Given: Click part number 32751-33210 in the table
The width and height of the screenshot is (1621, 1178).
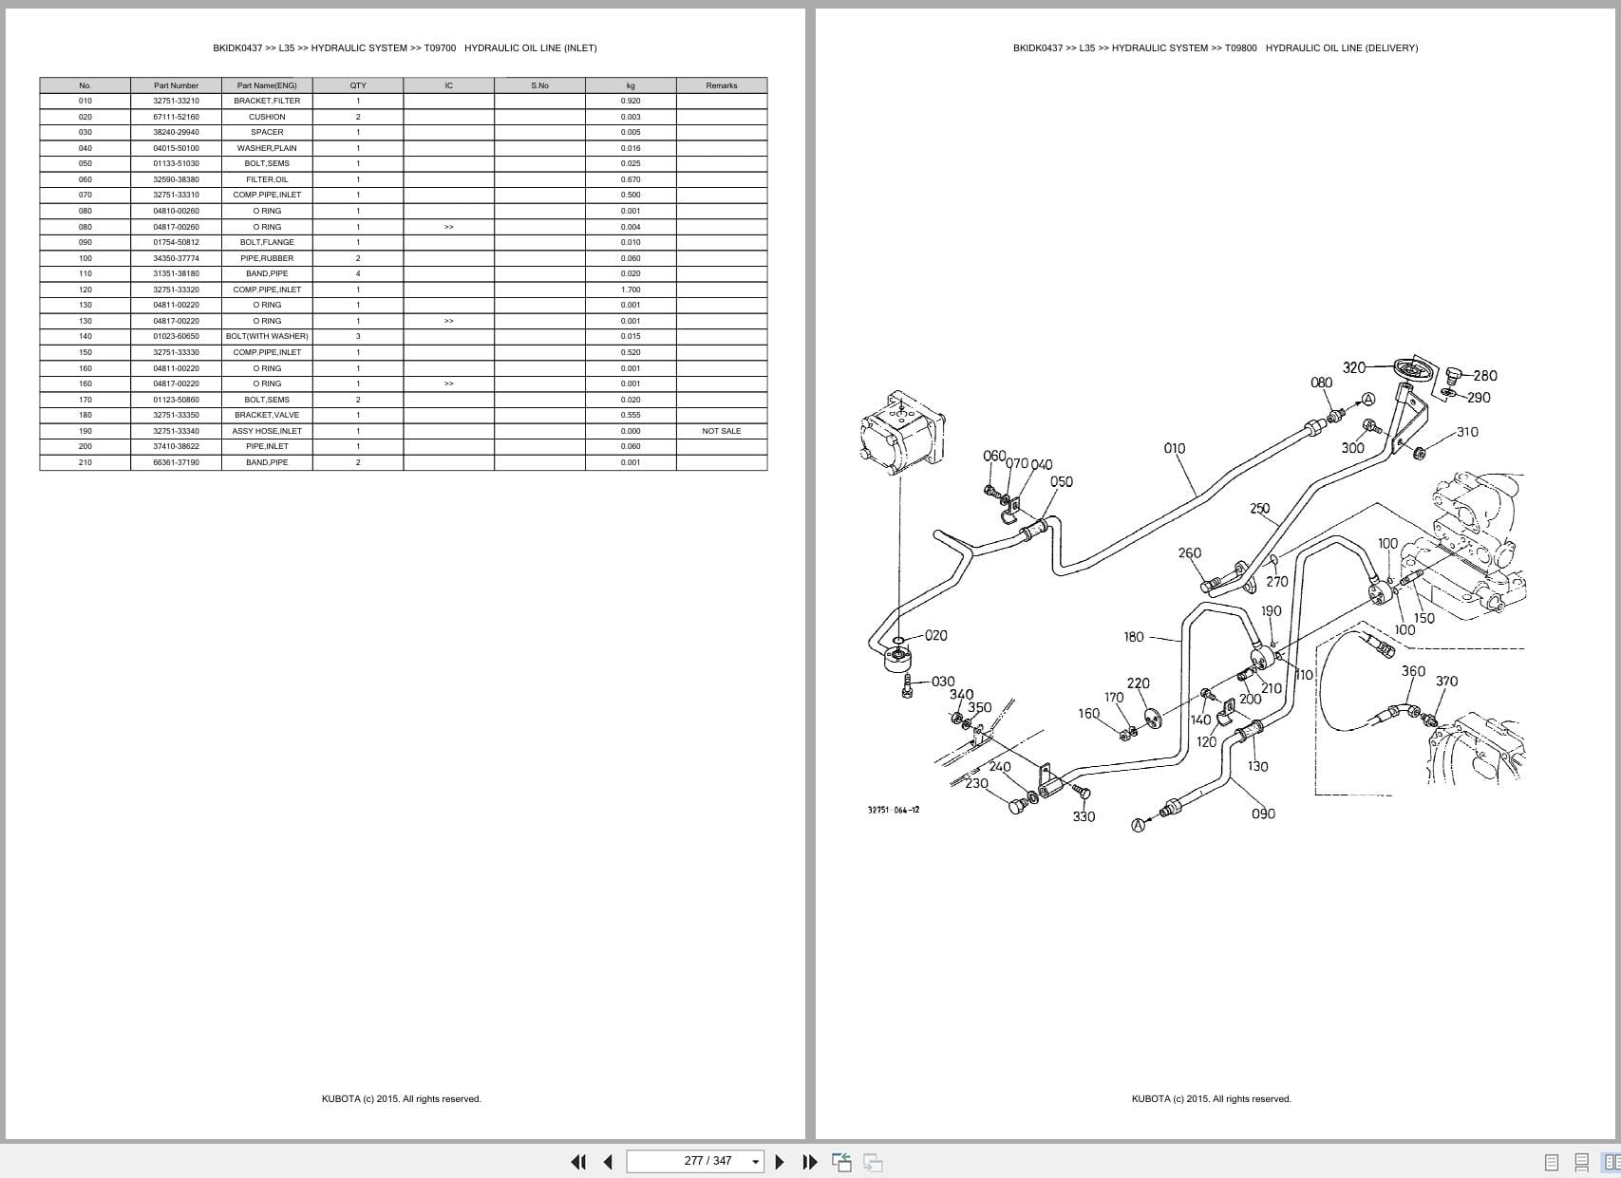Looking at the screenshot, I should coord(176,101).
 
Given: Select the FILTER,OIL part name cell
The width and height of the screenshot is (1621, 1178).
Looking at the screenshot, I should coord(267,179).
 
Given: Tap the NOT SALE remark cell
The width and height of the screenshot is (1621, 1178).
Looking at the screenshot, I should coord(721,431).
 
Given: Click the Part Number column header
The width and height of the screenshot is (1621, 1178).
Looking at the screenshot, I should coord(176,85).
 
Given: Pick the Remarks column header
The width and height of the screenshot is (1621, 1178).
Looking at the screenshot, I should coord(721,85).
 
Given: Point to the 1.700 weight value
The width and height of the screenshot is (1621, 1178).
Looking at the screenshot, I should coord(631,290).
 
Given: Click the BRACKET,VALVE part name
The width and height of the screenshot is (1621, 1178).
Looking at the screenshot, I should coord(267,415).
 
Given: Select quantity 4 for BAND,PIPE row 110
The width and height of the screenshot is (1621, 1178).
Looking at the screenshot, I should coord(358,273).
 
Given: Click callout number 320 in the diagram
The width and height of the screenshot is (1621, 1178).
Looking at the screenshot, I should coord(1354,367).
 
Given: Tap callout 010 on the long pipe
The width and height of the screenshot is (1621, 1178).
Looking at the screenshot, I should coord(1174,448).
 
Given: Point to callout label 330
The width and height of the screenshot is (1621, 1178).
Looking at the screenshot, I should coord(1084,816).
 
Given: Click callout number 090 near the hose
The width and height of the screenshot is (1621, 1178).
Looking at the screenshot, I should coord(1263,813).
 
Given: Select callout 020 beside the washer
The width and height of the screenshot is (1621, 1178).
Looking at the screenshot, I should coord(935,635).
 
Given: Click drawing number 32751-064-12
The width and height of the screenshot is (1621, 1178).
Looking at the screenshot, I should coord(893,810).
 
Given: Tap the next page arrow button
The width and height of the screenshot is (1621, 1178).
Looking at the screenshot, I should coord(780,1161).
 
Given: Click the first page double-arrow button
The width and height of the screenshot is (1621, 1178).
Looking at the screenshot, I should coord(577,1161).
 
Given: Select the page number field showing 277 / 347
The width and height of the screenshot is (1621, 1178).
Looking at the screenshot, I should coord(695,1161).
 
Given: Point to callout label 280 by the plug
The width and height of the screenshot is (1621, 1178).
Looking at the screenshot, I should coord(1484,376).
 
